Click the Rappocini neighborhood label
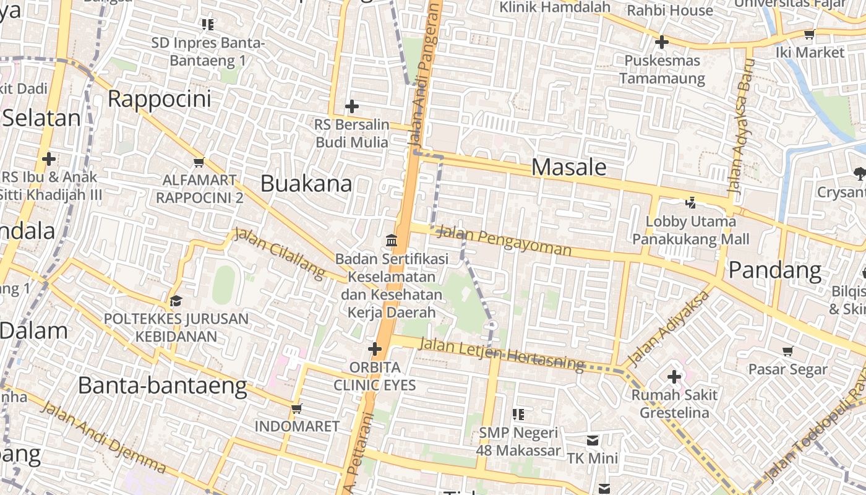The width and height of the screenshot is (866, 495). (x=159, y=99)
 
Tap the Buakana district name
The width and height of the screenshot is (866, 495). (x=306, y=184)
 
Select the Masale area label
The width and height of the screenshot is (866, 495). (x=568, y=167)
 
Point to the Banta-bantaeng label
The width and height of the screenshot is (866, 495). (x=162, y=386)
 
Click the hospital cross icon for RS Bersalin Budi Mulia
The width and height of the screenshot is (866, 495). (x=352, y=106)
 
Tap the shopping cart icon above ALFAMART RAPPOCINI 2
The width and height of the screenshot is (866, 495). (x=199, y=162)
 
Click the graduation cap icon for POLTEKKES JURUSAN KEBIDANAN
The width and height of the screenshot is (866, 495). (x=176, y=301)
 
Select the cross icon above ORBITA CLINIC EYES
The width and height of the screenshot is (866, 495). (x=374, y=350)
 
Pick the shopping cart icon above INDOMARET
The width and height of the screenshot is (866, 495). (x=296, y=408)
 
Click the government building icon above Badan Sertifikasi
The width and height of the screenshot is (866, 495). (x=392, y=240)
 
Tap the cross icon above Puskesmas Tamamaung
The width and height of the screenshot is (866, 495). (x=662, y=43)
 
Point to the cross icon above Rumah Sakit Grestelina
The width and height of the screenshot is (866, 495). (x=674, y=376)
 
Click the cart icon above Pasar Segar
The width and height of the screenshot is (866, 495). (x=787, y=351)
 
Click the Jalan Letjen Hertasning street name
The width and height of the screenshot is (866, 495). (x=501, y=353)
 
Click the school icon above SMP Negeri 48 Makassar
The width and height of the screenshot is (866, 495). (x=518, y=414)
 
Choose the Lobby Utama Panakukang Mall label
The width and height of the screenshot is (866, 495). (x=691, y=230)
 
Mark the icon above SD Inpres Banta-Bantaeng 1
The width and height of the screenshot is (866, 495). (x=208, y=25)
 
